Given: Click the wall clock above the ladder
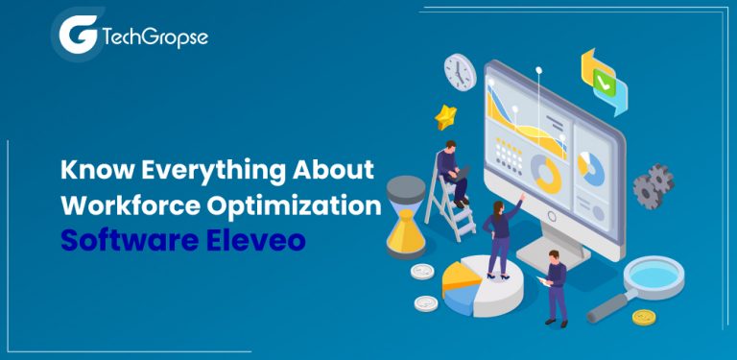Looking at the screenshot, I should click(460, 72).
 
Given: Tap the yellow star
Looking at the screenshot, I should click(446, 117).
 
